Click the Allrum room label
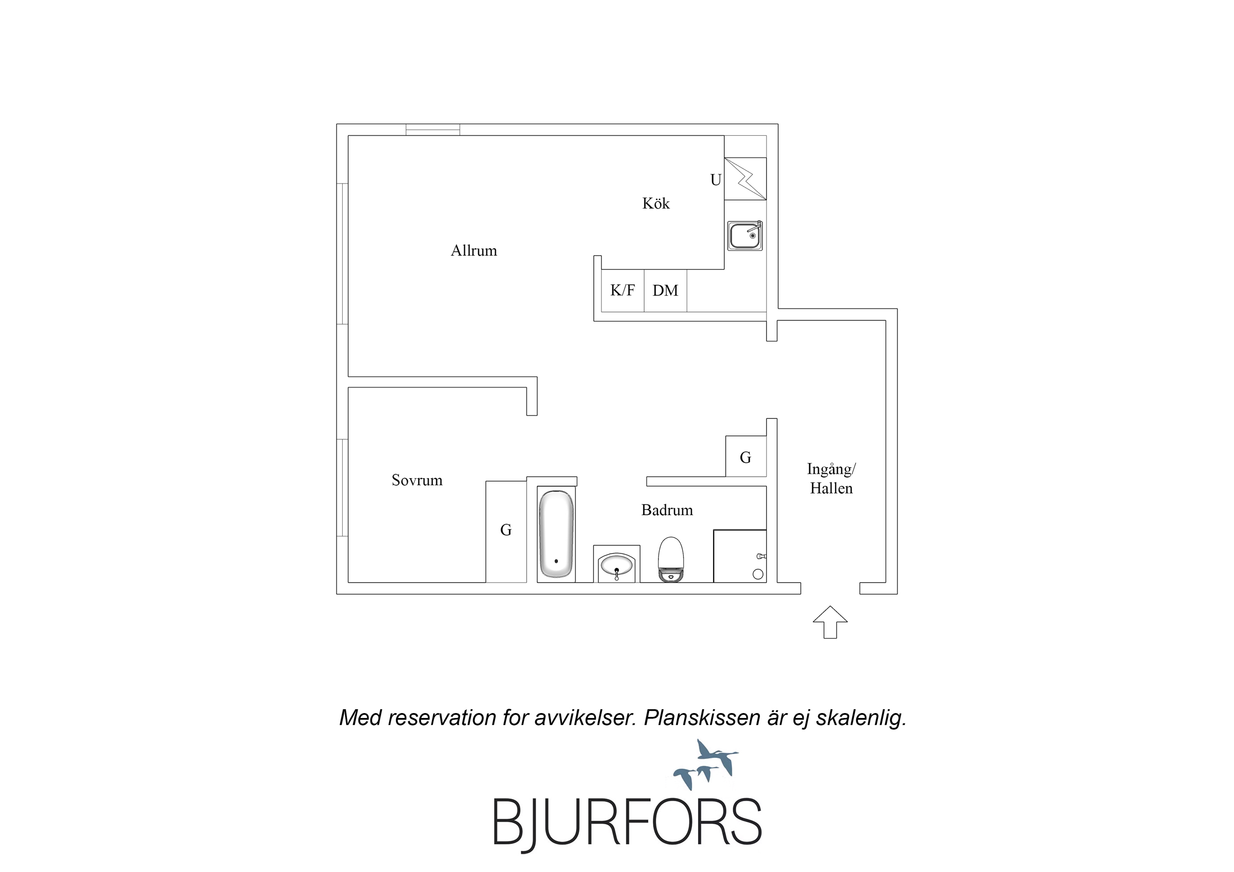474,250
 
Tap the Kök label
656,203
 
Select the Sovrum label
417,480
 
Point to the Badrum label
667,510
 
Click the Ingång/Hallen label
832,479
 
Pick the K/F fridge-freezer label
622,290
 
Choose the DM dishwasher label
665,291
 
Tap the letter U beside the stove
716,180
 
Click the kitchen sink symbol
745,235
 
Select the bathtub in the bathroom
557,534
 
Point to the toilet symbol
671,559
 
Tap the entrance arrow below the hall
831,622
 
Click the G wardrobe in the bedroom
506,531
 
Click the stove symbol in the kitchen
746,179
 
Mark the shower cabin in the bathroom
740,556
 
